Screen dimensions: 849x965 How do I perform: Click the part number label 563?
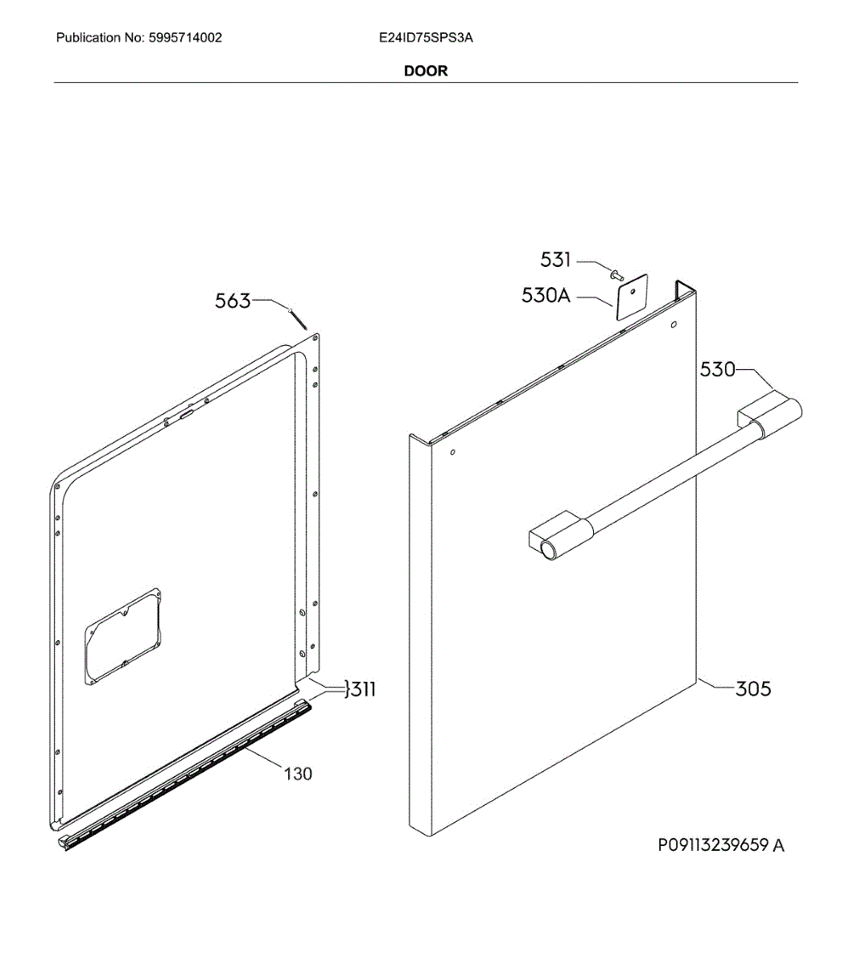coord(233,302)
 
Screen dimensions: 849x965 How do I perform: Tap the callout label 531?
coord(555,260)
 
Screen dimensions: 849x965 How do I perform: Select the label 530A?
coord(546,295)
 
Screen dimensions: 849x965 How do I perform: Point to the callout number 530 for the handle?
coord(717,369)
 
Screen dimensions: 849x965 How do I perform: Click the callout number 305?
coord(753,689)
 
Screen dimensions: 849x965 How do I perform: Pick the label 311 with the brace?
coord(360,689)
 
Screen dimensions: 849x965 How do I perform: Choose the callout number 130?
coord(298,774)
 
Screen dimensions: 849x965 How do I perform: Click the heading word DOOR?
coord(426,71)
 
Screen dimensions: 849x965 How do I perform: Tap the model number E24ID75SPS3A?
coord(426,38)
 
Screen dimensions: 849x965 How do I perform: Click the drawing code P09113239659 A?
coord(721,845)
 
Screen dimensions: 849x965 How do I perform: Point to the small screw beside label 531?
coord(617,276)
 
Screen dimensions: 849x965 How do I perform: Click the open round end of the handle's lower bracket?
coord(549,551)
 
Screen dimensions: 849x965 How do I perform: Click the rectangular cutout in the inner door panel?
coord(124,638)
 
